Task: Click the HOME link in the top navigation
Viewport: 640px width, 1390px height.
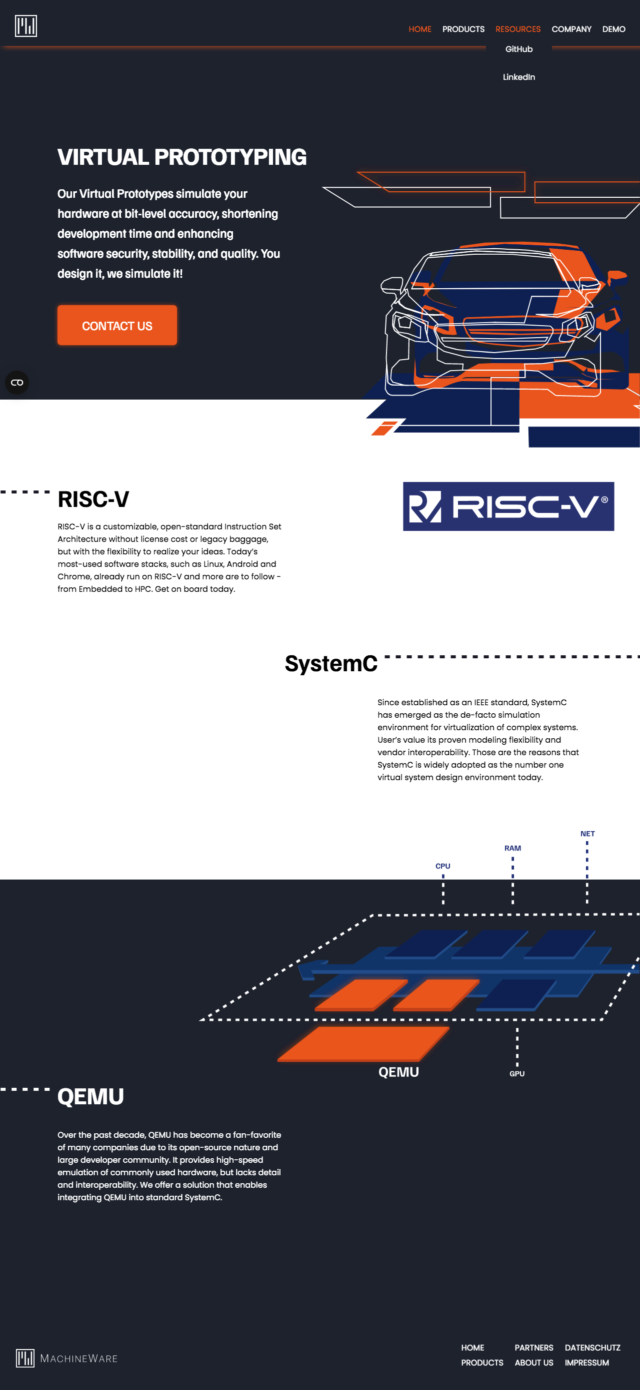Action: [x=419, y=29]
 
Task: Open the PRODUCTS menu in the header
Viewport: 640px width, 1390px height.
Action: [x=463, y=29]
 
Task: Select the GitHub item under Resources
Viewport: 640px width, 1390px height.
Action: [x=518, y=49]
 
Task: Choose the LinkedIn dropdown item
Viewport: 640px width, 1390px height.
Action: [x=518, y=77]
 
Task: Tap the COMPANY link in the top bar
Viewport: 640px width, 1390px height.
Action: [x=571, y=29]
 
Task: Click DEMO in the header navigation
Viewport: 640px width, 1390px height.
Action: [x=613, y=29]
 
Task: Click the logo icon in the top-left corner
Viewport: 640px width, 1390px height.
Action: [x=26, y=26]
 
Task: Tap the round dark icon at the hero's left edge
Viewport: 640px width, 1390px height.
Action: [x=16, y=383]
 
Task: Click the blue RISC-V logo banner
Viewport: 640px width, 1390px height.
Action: [x=508, y=506]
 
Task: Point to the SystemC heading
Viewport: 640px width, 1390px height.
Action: [x=331, y=663]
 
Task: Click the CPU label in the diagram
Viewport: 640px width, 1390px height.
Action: [x=443, y=866]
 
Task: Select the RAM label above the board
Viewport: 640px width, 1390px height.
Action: [x=512, y=848]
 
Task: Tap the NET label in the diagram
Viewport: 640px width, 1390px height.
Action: [x=587, y=834]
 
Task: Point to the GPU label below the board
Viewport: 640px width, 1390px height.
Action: [x=517, y=1074]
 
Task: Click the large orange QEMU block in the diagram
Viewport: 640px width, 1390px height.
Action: [x=363, y=1043]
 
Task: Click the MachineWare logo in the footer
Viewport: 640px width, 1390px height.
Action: [x=67, y=1358]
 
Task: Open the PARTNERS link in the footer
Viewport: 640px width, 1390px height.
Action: [x=533, y=1348]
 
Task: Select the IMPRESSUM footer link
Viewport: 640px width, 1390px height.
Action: [x=586, y=1363]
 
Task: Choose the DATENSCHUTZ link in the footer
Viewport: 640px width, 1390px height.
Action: [x=592, y=1348]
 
